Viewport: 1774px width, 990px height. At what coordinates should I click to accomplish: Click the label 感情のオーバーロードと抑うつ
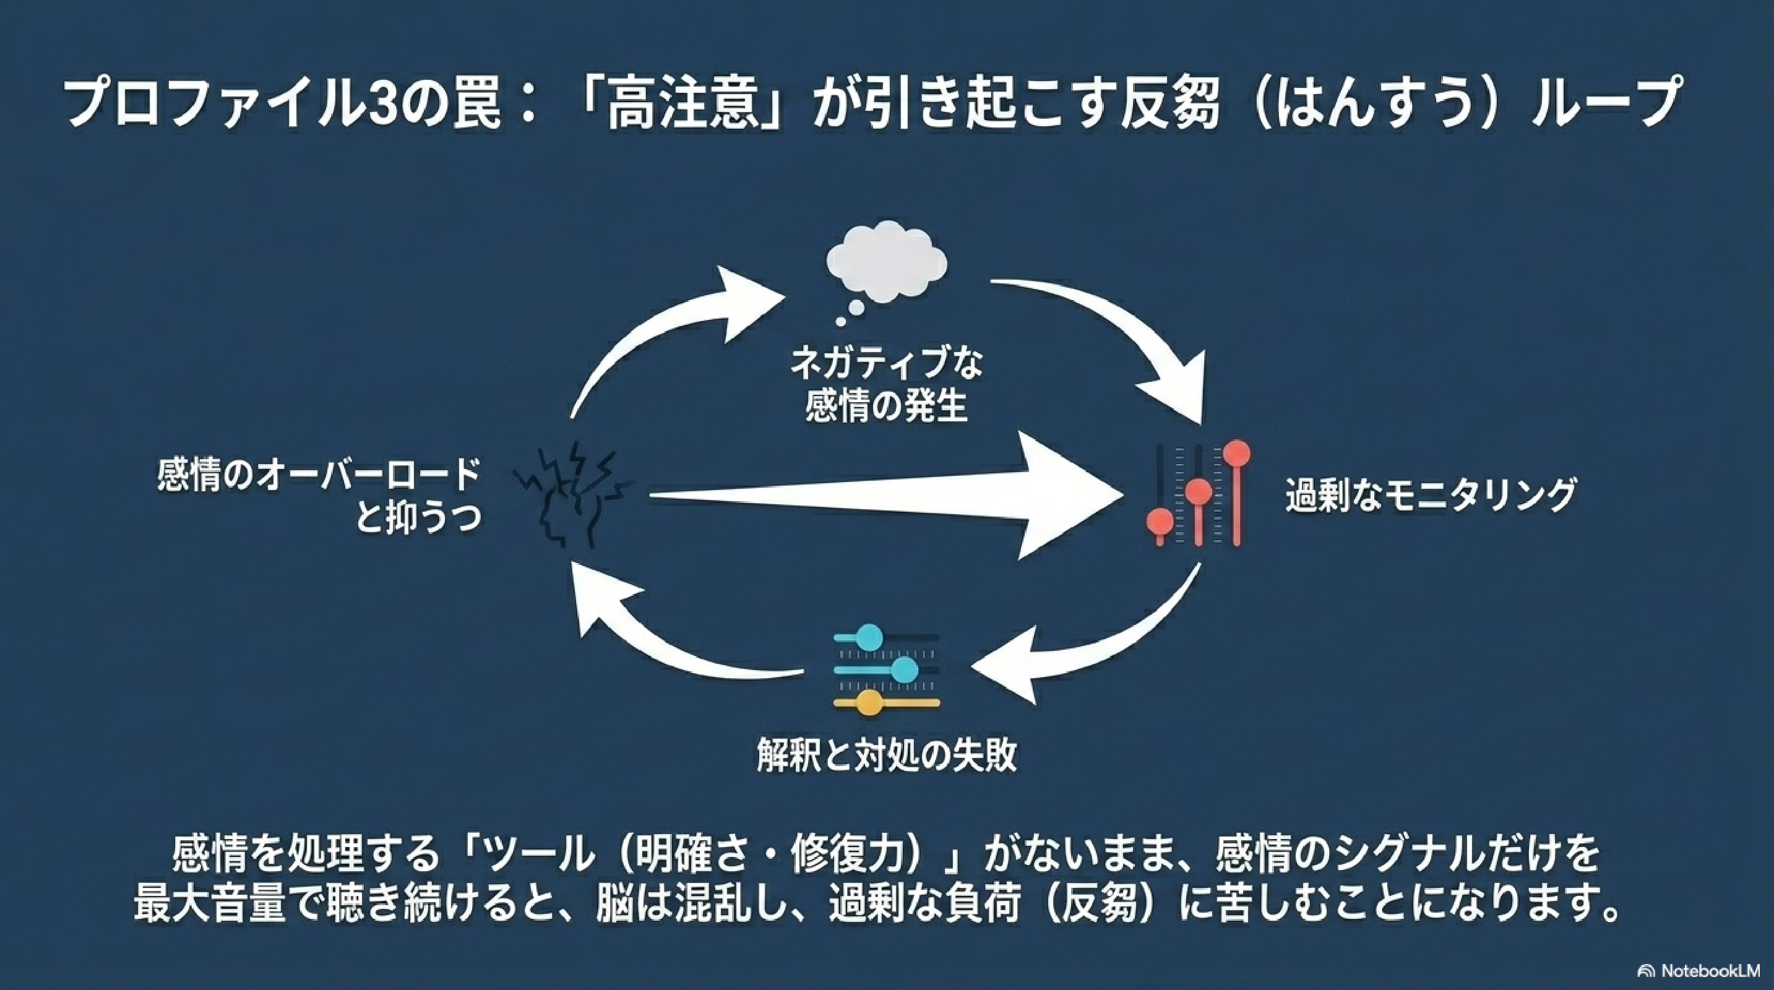coord(318,495)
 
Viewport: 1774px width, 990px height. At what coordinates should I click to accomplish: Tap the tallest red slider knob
coord(1237,454)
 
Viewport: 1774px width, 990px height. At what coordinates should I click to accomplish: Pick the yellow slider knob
coord(869,703)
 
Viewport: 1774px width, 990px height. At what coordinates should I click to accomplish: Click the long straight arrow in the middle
coord(882,495)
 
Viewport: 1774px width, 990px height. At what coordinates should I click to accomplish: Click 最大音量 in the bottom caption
coord(209,904)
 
